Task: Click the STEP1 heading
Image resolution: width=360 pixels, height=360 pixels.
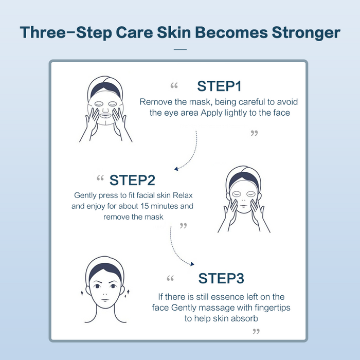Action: pyautogui.click(x=219, y=85)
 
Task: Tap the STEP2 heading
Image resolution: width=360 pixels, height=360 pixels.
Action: pyautogui.click(x=132, y=180)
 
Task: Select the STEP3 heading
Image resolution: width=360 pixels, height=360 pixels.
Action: pyautogui.click(x=221, y=278)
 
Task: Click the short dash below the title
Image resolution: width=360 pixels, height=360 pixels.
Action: pyautogui.click(x=180, y=49)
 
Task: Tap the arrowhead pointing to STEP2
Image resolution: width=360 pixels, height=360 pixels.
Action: pyautogui.click(x=177, y=168)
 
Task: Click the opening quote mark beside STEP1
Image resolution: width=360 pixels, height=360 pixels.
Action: pyautogui.click(x=173, y=86)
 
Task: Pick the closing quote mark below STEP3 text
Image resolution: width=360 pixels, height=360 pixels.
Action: pyautogui.click(x=256, y=332)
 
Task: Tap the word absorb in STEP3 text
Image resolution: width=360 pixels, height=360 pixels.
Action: pyautogui.click(x=244, y=318)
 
